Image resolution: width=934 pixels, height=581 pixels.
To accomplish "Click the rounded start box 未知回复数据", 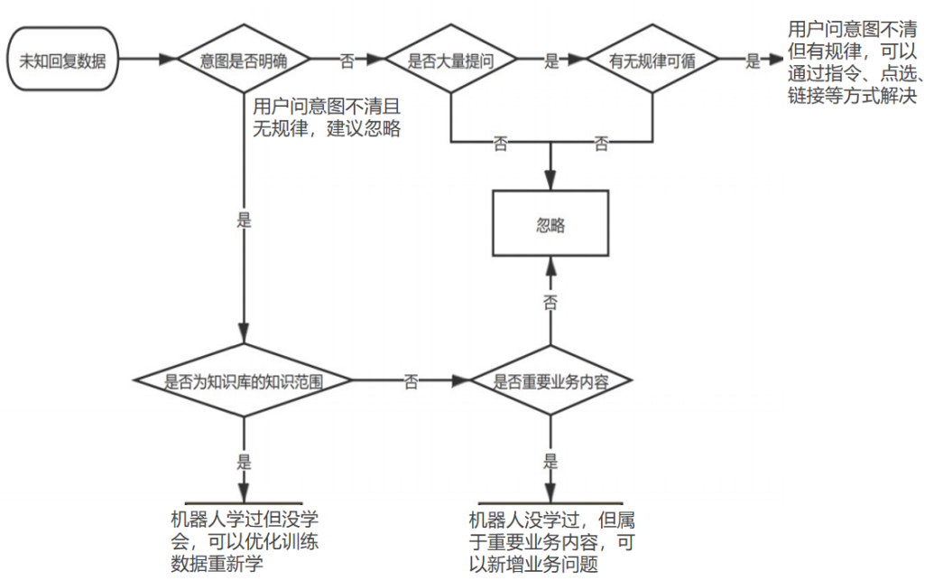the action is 62,59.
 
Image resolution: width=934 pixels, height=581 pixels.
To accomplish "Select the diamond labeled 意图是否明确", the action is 244,59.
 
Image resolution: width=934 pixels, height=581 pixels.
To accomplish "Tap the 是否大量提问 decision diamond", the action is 451,59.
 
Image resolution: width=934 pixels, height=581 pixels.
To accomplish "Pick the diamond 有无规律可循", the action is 652,59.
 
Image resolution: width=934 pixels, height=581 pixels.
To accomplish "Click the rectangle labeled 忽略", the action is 550,223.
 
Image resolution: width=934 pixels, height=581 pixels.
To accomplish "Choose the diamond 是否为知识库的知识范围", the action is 244,380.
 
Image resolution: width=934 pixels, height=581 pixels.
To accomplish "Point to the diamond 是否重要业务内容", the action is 550,380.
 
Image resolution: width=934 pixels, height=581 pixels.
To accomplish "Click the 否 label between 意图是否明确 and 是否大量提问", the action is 347,61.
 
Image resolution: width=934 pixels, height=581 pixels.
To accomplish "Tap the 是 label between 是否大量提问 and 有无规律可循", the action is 551,61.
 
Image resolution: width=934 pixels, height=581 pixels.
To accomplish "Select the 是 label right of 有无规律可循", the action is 753,61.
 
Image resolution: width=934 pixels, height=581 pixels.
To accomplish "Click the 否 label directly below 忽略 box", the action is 550,302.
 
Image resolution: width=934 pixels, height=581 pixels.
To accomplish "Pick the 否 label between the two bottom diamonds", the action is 411,382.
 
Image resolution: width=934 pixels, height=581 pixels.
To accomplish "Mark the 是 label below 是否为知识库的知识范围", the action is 244,461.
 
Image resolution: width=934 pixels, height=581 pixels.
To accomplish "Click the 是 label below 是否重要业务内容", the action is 550,461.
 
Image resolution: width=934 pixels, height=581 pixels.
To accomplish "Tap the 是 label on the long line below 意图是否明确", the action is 244,220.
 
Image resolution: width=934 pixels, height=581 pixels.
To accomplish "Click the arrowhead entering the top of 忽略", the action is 550,180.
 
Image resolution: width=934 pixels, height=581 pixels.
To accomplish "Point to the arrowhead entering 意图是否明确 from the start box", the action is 169,59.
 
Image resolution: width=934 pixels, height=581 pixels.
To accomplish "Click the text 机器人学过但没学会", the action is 245,530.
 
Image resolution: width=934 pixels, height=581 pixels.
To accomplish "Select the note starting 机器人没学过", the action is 551,541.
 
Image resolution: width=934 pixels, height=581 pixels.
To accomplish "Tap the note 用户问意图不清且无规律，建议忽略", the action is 327,117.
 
